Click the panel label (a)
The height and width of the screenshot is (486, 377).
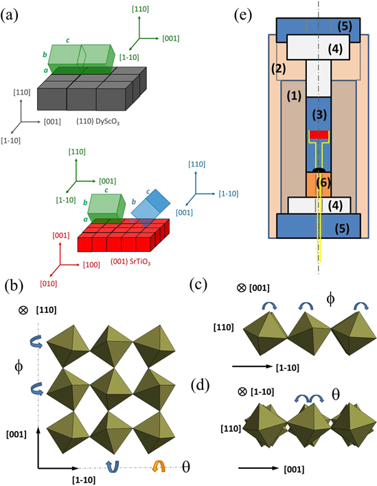[12, 14]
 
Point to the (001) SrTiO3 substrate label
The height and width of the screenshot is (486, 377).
[104, 261]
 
